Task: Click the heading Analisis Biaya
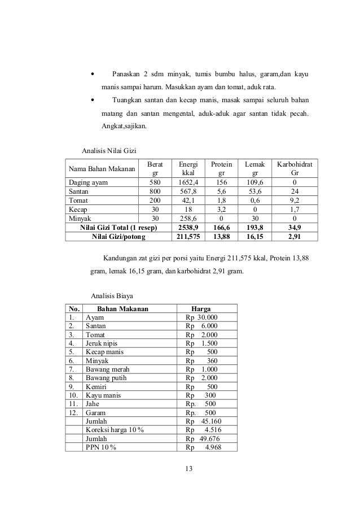(x=113, y=295)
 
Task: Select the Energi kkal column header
(x=181, y=168)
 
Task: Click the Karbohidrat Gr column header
(x=291, y=168)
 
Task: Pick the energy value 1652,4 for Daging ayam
(x=181, y=183)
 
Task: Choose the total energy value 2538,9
(x=181, y=226)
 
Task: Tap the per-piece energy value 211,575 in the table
(x=181, y=236)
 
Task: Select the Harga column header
(x=201, y=308)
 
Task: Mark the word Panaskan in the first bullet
(x=128, y=75)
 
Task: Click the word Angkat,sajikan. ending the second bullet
(x=123, y=126)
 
